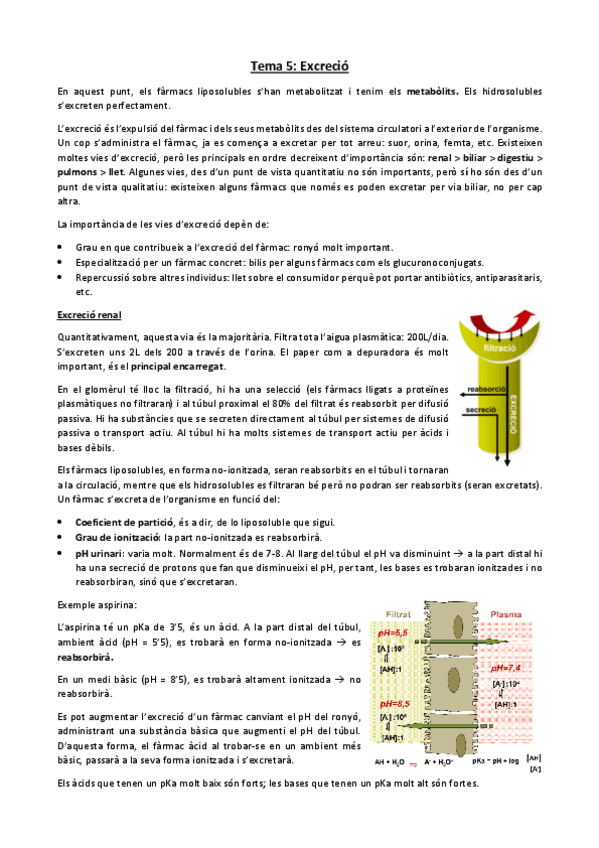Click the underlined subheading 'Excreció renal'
(x=89, y=316)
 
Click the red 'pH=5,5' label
(x=391, y=634)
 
